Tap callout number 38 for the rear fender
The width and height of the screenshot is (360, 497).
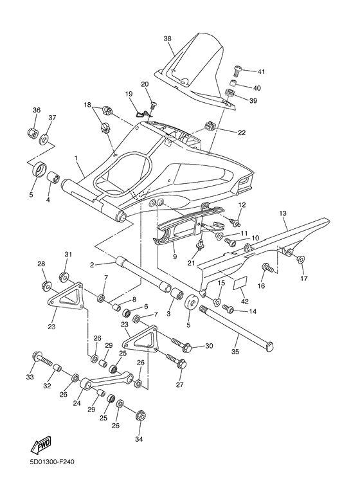(x=167, y=39)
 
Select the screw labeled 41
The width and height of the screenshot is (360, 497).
(x=237, y=69)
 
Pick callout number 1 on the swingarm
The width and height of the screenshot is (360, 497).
(x=76, y=158)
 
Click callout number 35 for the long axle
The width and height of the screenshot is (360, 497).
(x=235, y=352)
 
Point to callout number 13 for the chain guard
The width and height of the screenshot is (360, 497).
(x=282, y=213)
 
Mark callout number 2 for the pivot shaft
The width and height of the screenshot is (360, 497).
(x=93, y=264)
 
